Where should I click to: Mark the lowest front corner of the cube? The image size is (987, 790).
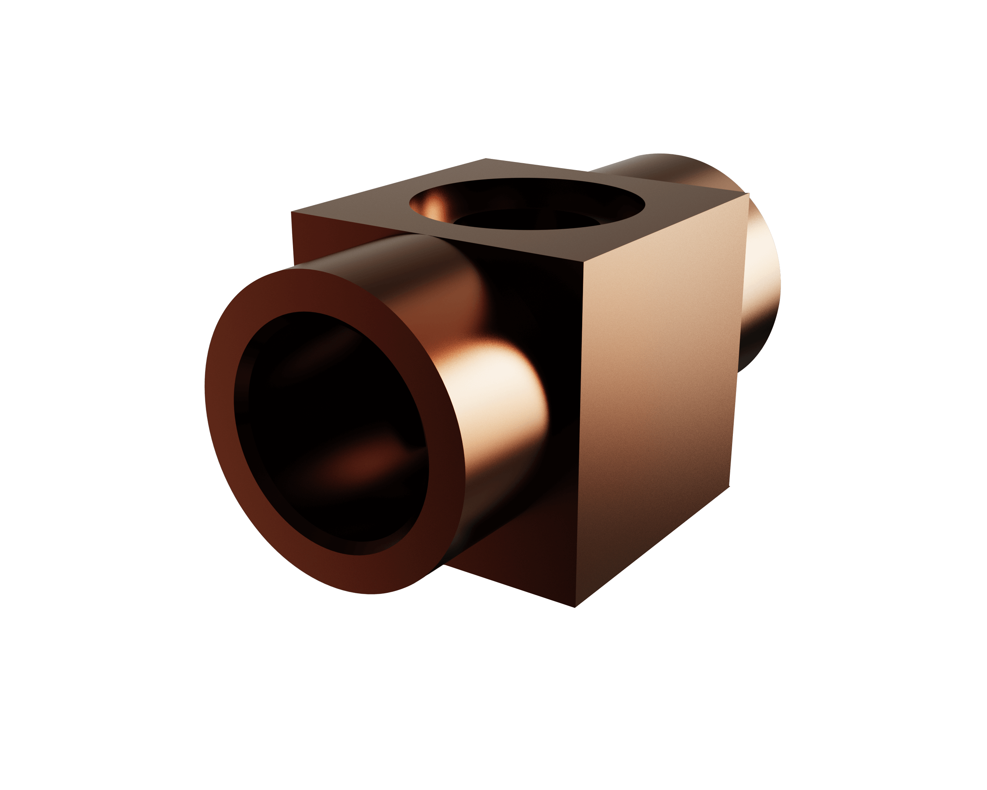pos(576,607)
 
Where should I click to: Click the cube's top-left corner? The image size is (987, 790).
pos(291,213)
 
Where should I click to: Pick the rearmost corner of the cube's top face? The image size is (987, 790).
pos(486,159)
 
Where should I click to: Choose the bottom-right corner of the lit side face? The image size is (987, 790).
pos(729,487)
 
